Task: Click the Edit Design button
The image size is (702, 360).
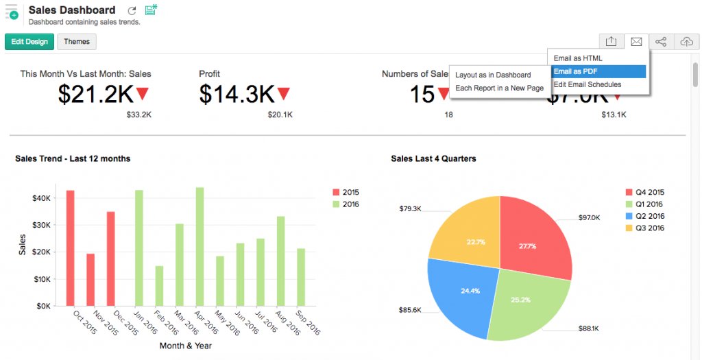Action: pos(29,42)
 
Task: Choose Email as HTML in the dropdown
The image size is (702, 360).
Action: pos(577,58)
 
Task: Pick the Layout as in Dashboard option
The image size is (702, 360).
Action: pos(493,75)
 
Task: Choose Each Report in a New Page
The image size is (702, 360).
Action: pos(499,88)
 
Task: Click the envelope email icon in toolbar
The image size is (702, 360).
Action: pos(636,42)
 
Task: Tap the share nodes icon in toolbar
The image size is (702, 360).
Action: pos(661,42)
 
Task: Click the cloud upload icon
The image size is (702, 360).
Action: pos(686,42)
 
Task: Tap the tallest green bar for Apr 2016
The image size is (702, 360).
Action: pos(199,247)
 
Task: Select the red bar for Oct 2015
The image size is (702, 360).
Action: pos(70,248)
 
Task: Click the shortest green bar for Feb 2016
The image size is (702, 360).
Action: pos(159,286)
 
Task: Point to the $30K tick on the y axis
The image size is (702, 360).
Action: pos(42,225)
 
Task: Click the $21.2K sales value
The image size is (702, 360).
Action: pos(95,95)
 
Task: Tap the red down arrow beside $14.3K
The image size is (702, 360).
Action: pos(283,94)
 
